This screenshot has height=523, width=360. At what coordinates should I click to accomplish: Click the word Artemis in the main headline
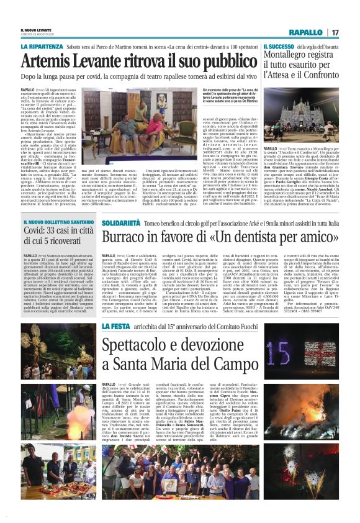point(51,61)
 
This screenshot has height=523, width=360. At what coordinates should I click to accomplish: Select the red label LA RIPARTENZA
point(42,47)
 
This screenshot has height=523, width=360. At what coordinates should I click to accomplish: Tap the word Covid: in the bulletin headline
point(37,230)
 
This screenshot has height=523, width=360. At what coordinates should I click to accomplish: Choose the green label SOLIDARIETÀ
point(120,222)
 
